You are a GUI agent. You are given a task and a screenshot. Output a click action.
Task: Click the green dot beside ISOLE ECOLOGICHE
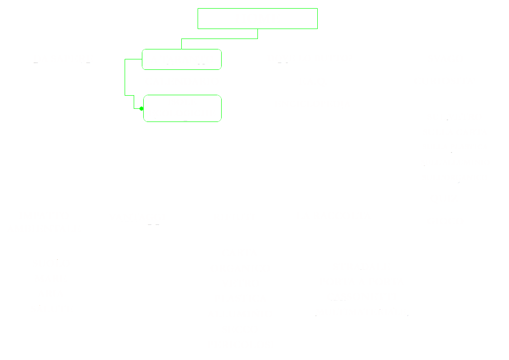(141, 109)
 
